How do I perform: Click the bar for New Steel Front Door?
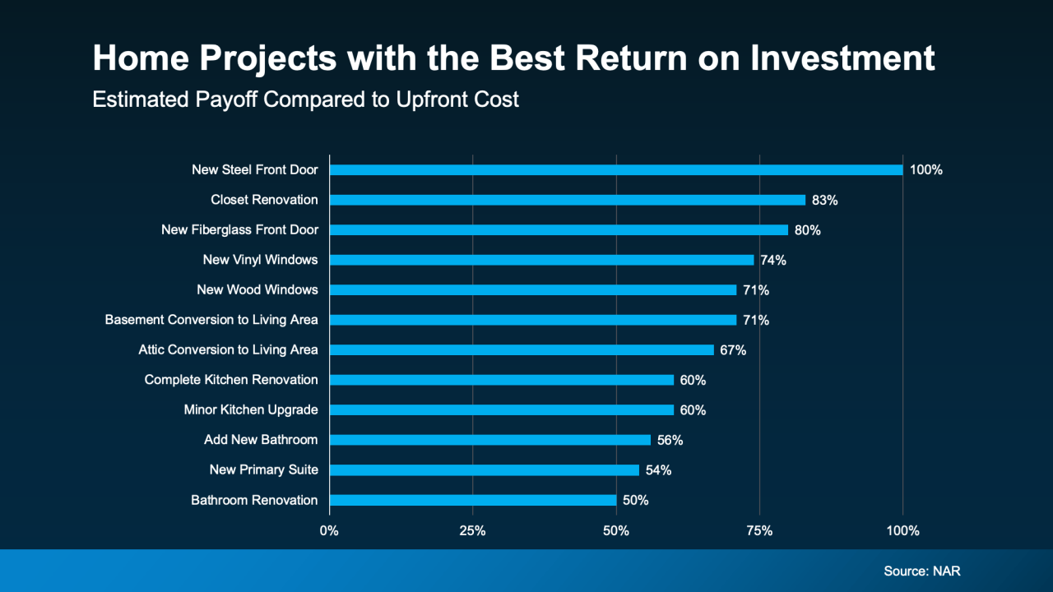click(x=615, y=169)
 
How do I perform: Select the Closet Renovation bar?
click(x=567, y=200)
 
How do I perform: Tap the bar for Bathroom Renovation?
click(x=472, y=500)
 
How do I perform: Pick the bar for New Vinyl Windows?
click(x=541, y=260)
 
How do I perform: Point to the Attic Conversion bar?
click(x=522, y=349)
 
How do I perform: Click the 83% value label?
click(x=825, y=200)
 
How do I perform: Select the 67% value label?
click(x=733, y=350)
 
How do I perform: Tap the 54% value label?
click(x=658, y=470)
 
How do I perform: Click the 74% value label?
click(x=773, y=260)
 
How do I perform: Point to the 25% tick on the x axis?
click(x=472, y=531)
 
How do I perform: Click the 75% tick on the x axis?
click(x=759, y=531)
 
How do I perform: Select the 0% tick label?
click(x=329, y=531)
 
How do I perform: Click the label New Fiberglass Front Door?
click(x=239, y=229)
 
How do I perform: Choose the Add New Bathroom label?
click(x=261, y=440)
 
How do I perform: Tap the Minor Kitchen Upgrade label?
click(x=251, y=409)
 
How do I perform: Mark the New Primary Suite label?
click(x=263, y=469)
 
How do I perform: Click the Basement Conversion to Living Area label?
click(x=211, y=319)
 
